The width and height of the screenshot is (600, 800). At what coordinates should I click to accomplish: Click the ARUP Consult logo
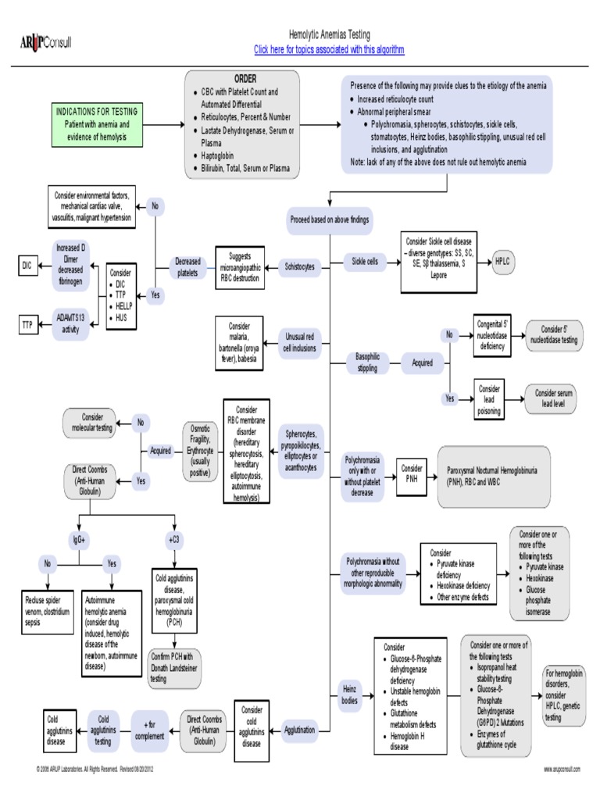[45, 41]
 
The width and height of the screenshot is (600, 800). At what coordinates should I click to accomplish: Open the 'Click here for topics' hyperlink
[329, 50]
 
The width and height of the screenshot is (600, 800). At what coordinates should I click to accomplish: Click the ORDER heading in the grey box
[245, 80]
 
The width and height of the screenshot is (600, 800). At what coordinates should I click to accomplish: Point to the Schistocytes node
[300, 266]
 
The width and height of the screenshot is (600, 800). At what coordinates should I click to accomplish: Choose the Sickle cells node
[365, 261]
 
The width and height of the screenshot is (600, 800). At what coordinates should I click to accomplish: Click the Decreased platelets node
[187, 266]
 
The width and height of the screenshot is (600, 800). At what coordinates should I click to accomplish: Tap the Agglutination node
[300, 730]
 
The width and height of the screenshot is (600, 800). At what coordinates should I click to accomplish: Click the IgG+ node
[79, 539]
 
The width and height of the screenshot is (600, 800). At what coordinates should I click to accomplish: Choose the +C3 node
[173, 539]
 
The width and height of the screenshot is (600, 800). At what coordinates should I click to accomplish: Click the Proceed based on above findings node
[329, 220]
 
